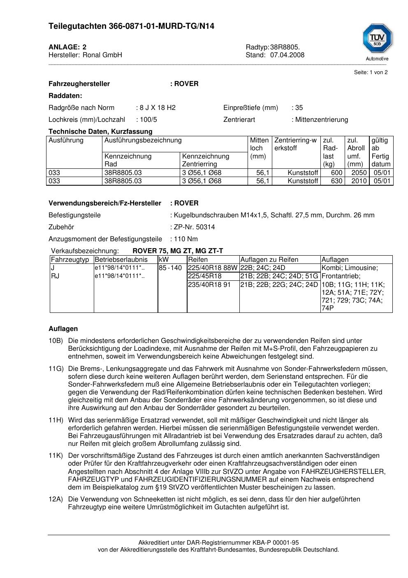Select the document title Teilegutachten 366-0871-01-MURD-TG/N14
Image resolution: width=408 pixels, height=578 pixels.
point(131,26)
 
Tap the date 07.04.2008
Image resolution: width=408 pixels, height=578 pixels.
point(287,55)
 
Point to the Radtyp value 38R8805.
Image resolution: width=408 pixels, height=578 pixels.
point(285,47)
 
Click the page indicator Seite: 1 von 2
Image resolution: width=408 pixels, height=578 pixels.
point(371,72)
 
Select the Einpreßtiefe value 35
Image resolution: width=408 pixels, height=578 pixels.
point(299,107)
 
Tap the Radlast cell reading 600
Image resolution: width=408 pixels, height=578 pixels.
point(337,173)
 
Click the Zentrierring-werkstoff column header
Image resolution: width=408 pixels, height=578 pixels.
point(295,144)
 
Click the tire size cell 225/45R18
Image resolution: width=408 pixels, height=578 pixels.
point(205,276)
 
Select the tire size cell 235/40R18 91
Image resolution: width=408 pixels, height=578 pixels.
point(209,284)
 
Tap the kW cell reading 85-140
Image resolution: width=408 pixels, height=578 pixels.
point(170,268)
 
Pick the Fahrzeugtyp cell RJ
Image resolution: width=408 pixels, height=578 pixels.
point(55,276)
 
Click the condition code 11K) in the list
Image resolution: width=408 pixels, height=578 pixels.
point(56,455)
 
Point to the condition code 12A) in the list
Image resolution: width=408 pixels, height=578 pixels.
point(56,499)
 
